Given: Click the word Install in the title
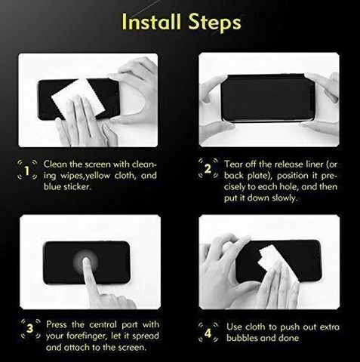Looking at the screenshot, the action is tap(152, 21).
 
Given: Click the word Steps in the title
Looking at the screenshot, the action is tap(214, 23).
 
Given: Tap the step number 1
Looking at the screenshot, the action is tap(27, 171).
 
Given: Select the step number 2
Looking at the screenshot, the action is tap(208, 169).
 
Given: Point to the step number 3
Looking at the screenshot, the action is tap(30, 328).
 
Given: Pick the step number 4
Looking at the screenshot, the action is tap(208, 333).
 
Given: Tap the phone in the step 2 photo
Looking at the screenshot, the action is tap(268, 97).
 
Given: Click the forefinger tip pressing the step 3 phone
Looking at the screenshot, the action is tap(86, 260).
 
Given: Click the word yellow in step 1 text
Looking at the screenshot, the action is tap(97, 176).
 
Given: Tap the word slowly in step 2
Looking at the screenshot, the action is tap(285, 198).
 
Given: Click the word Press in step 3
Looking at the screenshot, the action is tap(57, 324).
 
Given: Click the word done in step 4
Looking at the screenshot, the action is tap(288, 338).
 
